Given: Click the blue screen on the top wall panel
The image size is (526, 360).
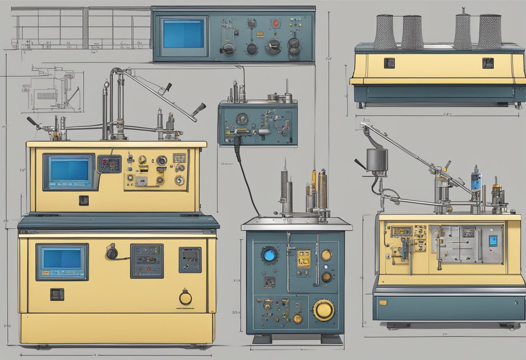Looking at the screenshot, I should point(183,33).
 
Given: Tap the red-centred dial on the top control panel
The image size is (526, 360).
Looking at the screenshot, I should point(275,23).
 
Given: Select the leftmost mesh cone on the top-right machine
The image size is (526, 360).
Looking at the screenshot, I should point(385,32).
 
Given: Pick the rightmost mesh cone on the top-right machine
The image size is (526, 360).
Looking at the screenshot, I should point(489,32).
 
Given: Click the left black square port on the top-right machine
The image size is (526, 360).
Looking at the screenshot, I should point(389,63).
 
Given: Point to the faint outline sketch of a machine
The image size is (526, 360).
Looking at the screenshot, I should point(52,89).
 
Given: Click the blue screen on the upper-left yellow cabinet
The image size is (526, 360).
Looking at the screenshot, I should point(70,172).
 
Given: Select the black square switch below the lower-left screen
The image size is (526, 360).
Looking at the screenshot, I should point(57,294).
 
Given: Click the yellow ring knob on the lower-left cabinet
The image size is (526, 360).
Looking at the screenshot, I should point(186,298).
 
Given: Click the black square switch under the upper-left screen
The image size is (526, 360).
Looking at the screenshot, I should point(83,200).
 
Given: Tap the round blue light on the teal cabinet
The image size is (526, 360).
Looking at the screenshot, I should point(269,254).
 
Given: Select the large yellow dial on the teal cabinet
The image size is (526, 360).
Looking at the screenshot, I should point(324,310).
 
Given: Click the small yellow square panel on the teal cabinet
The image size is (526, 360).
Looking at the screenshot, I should point(303,258).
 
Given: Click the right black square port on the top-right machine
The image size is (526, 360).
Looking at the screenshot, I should point(488,63).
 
